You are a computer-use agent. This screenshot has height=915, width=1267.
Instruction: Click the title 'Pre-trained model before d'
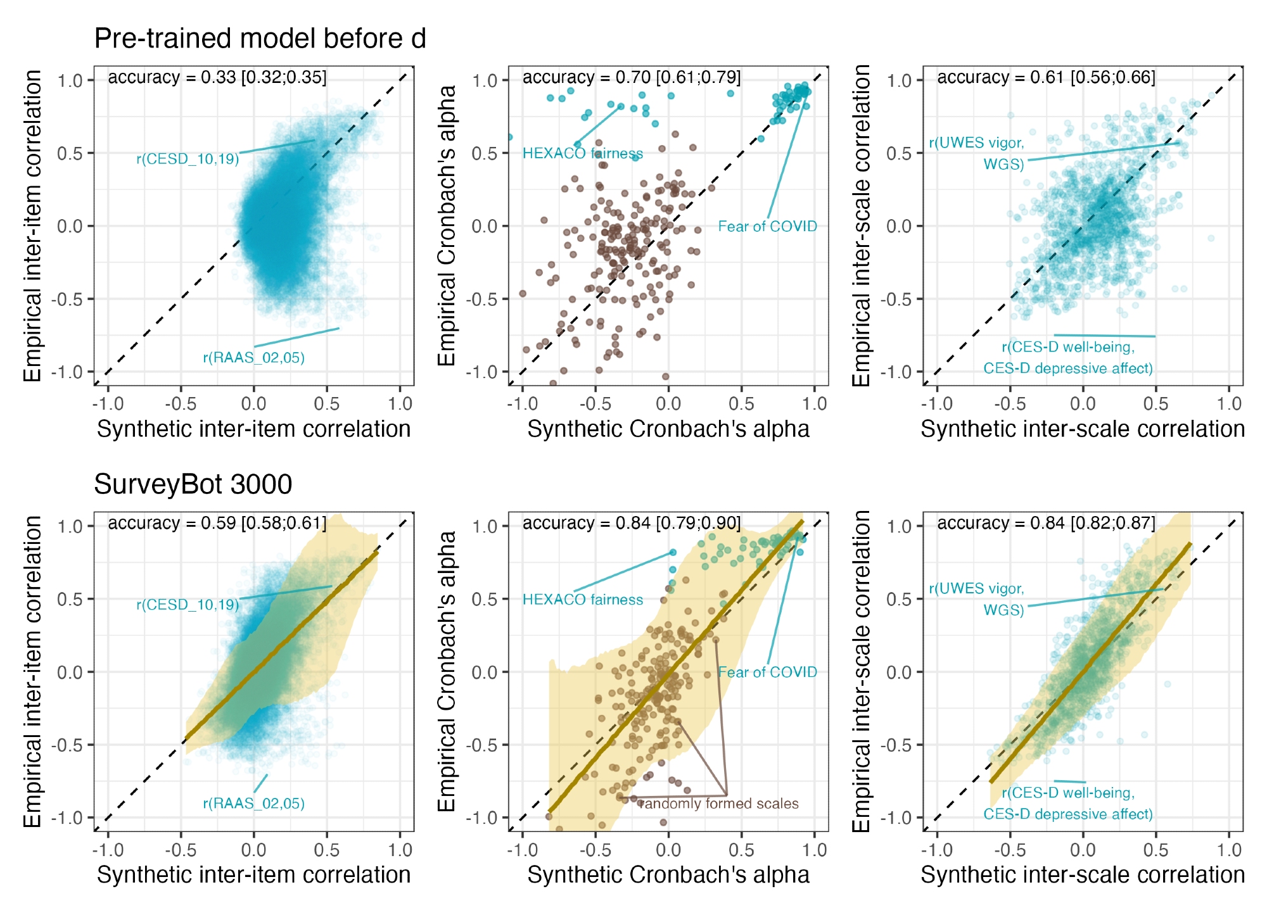[260, 39]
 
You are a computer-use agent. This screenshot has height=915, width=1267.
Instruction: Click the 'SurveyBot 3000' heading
[193, 484]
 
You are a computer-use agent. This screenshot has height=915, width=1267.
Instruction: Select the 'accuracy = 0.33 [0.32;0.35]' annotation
[217, 77]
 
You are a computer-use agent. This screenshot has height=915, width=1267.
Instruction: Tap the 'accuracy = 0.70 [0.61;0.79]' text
[631, 77]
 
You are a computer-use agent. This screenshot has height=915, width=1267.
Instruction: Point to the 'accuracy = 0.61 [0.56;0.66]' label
[1046, 77]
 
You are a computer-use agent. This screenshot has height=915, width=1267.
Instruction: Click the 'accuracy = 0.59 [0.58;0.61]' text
[217, 523]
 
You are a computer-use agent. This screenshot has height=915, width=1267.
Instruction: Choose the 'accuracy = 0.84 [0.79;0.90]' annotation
[631, 523]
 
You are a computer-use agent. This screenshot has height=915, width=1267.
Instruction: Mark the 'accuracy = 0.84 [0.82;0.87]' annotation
[1046, 523]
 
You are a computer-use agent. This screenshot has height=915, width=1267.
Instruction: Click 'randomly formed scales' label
[719, 804]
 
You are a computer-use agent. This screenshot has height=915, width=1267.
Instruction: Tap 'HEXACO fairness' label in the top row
[582, 153]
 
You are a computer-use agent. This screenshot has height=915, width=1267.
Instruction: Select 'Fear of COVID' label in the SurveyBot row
[767, 672]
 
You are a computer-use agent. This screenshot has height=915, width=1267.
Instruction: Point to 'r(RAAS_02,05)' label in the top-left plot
[253, 358]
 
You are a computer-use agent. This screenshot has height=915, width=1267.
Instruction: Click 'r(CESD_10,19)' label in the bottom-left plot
[188, 605]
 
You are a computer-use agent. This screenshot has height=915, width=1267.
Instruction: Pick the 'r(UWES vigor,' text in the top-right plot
[976, 143]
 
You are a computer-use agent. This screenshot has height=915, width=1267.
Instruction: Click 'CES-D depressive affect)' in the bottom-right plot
[1067, 814]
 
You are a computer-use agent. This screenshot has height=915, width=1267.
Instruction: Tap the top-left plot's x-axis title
[253, 429]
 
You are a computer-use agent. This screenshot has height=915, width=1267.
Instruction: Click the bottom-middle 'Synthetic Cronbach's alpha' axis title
[668, 874]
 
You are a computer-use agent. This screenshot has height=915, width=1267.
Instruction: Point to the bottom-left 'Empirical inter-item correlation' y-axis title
[32, 671]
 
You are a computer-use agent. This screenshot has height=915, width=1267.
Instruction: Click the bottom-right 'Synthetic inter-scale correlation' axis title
[1083, 874]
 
